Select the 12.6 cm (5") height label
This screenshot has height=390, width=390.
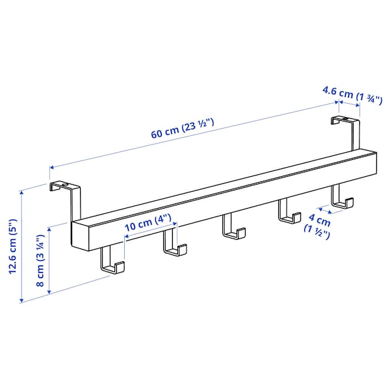click(12, 246)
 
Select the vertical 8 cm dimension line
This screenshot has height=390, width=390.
click(49, 260)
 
